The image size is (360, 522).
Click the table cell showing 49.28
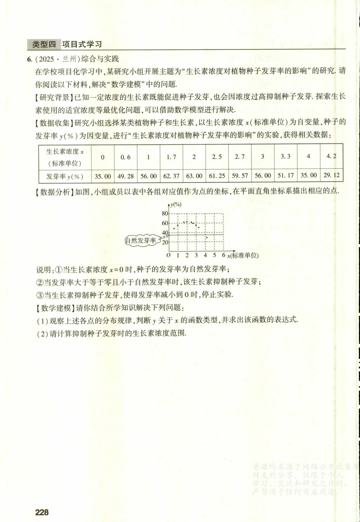tap(125, 176)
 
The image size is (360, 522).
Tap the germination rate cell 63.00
tap(194, 176)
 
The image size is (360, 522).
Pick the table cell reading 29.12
tap(332, 175)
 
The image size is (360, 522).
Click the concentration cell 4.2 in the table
tap(331, 156)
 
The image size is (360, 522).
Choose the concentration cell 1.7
tap(171, 157)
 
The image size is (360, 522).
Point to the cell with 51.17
tap(285, 175)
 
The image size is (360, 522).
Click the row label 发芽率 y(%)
tap(65, 177)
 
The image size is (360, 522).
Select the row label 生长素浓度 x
tap(65, 152)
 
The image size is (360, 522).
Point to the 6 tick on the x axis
tap(223, 255)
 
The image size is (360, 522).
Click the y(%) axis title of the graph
tap(176, 204)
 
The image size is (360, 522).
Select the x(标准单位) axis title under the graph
tap(243, 255)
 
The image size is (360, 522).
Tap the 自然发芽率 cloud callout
tap(141, 240)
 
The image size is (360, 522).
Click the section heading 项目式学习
tap(82, 45)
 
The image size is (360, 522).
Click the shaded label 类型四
tap(44, 45)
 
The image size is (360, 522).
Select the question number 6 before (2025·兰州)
tap(29, 59)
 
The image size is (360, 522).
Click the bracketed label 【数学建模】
tap(55, 307)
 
